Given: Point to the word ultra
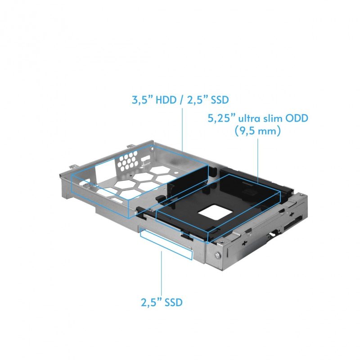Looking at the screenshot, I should pos(249,120).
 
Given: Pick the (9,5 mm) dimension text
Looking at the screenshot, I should pos(258,132).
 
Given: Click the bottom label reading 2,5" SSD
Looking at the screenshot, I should pos(161,302).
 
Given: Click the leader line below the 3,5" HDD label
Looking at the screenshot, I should pos(182,128).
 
